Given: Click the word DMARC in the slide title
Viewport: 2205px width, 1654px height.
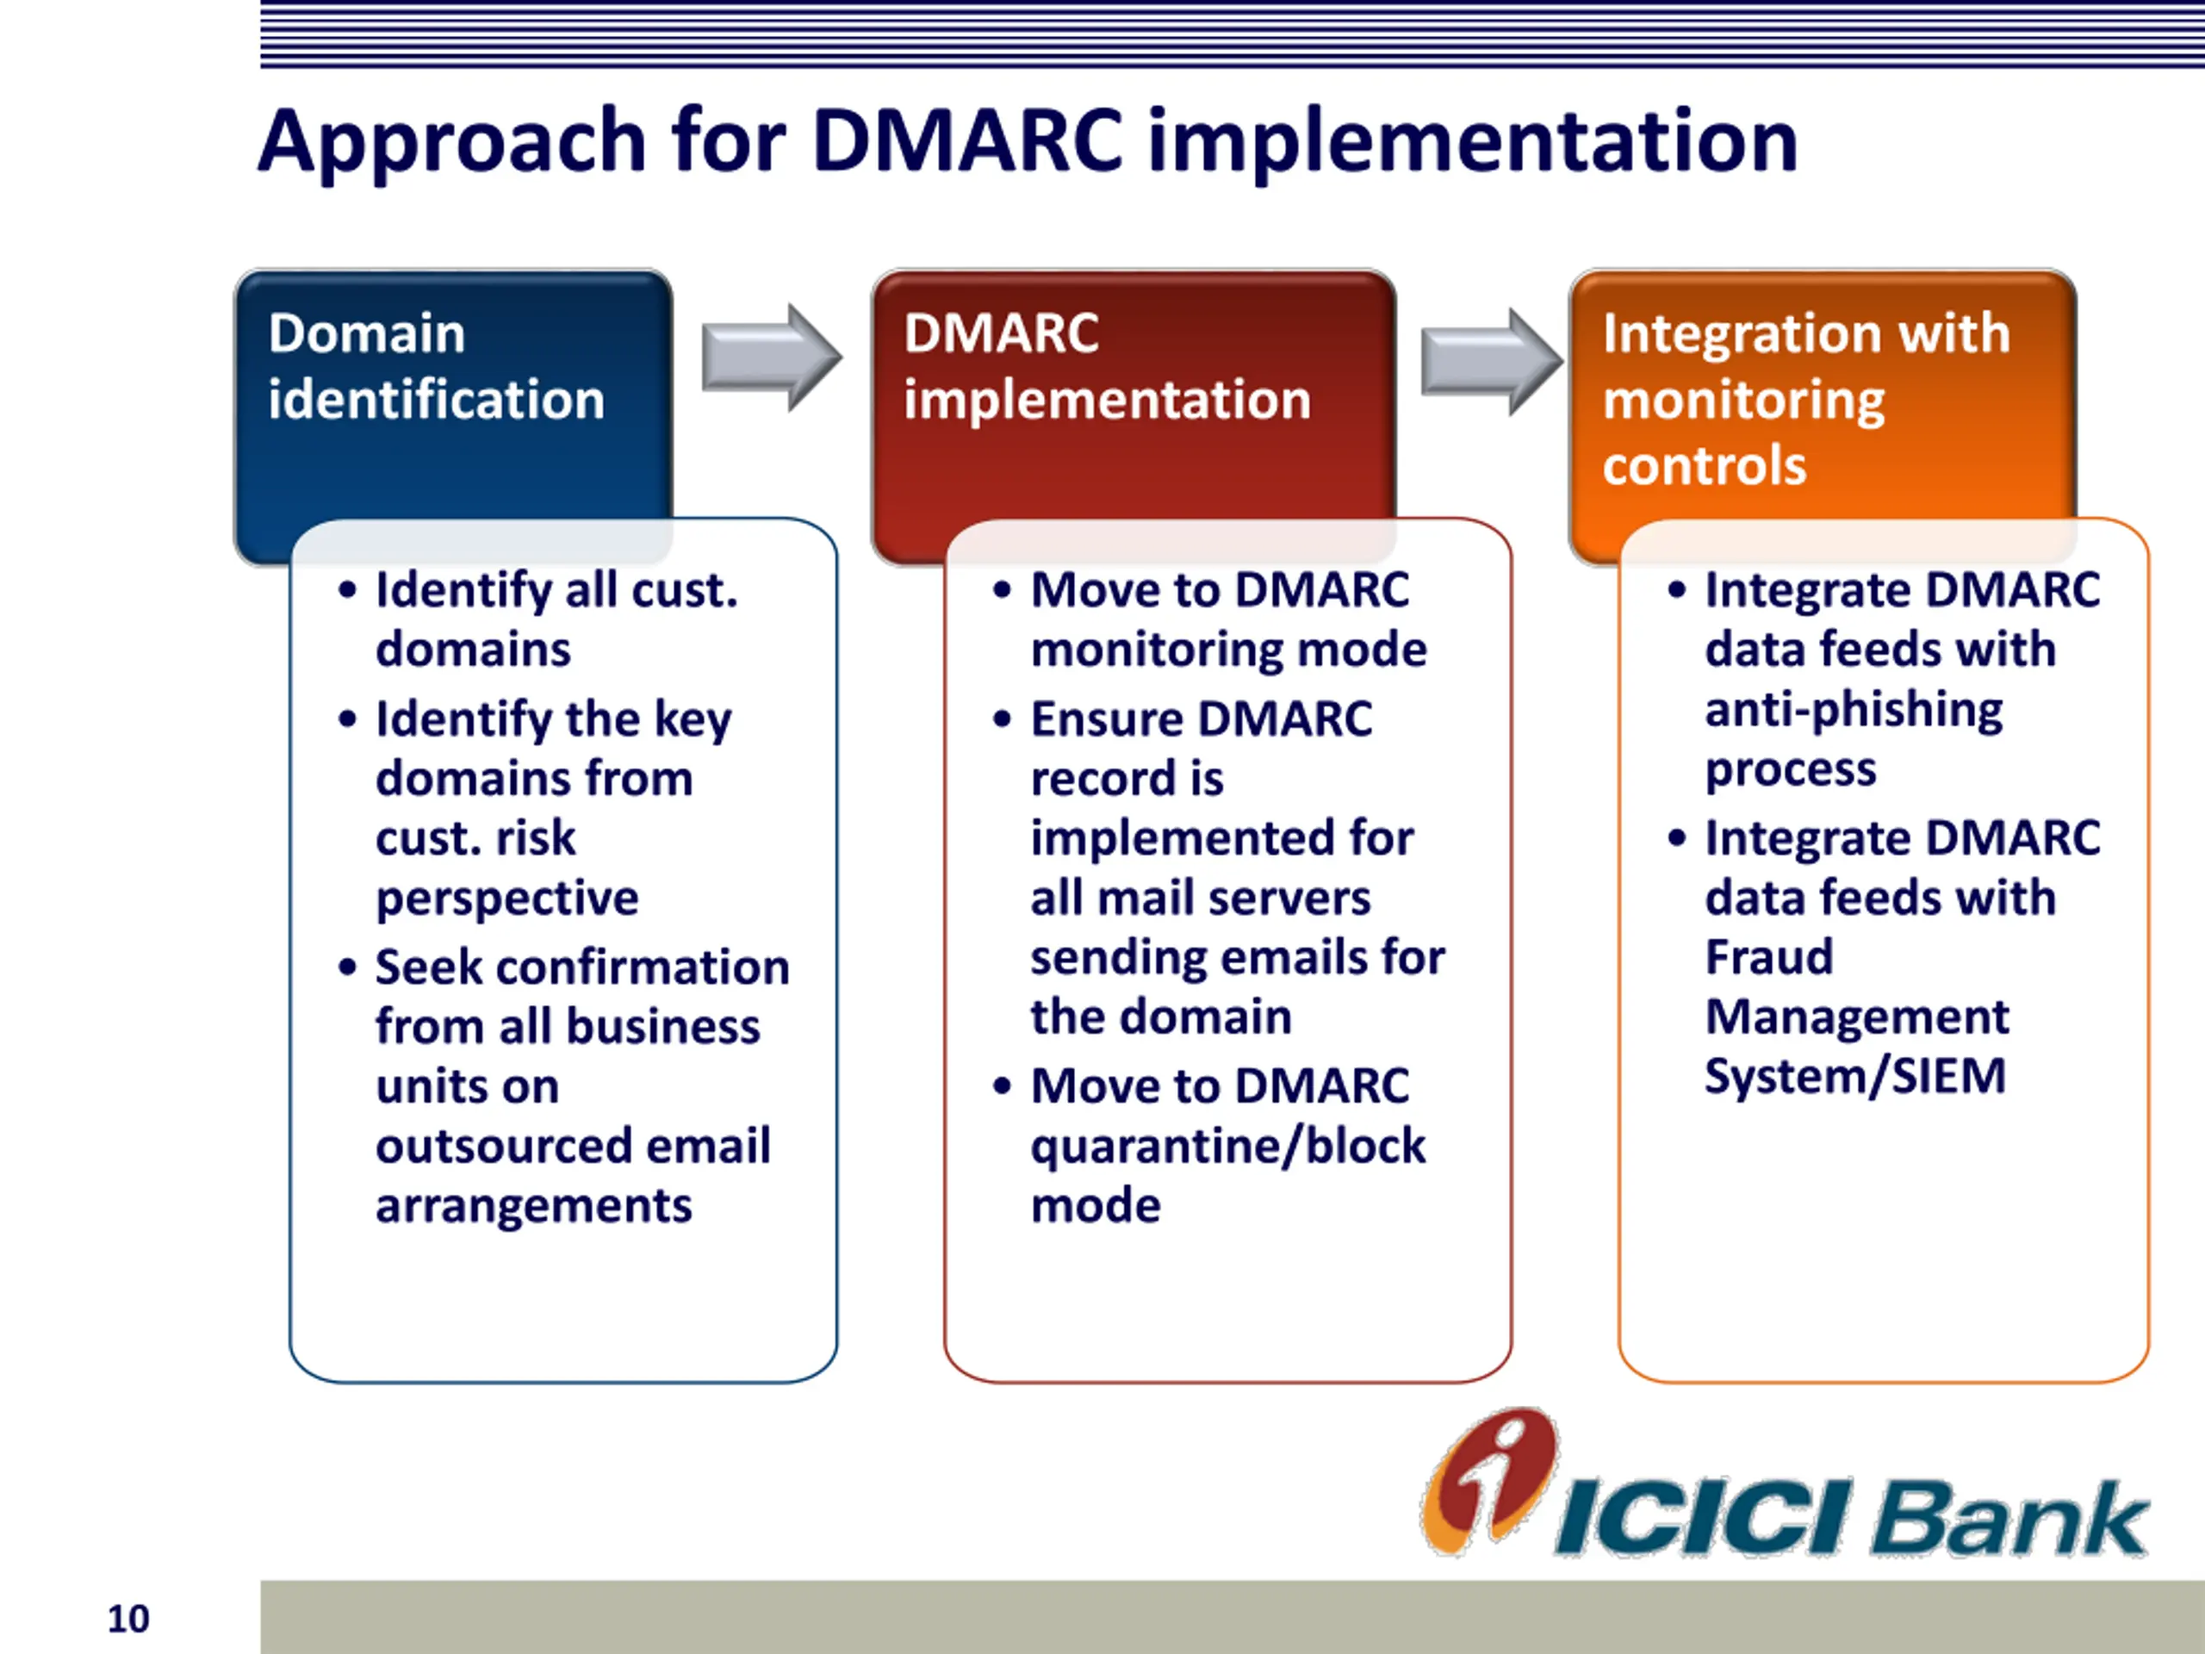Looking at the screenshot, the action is click(x=968, y=140).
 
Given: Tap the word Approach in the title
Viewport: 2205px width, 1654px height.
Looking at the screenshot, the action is click(x=451, y=146).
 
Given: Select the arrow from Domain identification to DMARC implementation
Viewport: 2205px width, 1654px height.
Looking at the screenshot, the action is click(x=772, y=357).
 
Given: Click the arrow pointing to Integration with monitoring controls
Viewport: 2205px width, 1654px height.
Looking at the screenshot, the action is click(x=1491, y=362).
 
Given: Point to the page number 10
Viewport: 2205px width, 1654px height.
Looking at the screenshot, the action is click(x=128, y=1619).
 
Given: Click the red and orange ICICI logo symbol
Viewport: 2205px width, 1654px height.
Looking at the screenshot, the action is click(x=1489, y=1482).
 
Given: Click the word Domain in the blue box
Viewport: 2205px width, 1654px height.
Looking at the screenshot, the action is click(x=367, y=333).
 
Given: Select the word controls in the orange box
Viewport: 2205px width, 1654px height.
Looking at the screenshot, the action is click(x=1705, y=465).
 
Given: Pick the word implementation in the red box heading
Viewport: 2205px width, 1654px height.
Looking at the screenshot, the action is click(x=1107, y=401).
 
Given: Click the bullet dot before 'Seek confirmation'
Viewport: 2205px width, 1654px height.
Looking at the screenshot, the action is click(x=347, y=967).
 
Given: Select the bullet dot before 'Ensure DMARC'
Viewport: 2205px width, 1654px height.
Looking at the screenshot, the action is click(x=1002, y=718).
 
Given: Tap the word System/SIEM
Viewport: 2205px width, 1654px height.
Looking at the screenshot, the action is click(x=1855, y=1077).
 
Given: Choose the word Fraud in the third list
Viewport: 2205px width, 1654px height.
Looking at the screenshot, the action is click(x=1769, y=957).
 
